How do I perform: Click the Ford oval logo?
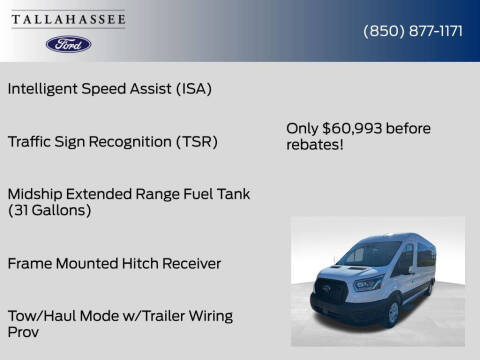pos(68,44)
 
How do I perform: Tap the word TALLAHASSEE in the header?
pos(68,20)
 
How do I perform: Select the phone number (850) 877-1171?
pos(412,30)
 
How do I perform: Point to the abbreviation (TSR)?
pos(196,141)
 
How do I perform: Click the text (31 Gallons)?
pos(49,210)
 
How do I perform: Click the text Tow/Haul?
pos(39,316)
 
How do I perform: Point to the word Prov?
pos(23,333)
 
